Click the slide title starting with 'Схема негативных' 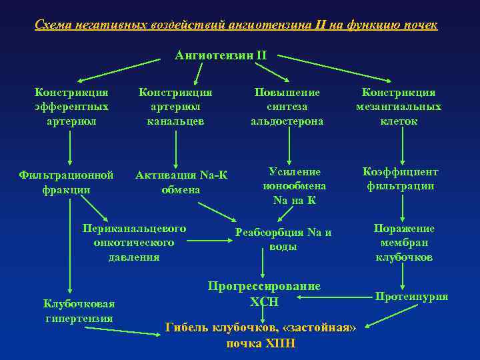237,25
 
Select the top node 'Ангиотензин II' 220,55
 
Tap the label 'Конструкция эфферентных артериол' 72,107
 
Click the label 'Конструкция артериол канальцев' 175,107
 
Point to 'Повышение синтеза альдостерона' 287,107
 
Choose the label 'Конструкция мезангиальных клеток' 399,107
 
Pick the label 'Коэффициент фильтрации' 400,179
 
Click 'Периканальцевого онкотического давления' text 134,243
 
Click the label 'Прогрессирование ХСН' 264,293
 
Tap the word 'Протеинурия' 411,297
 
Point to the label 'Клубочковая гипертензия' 79,311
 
